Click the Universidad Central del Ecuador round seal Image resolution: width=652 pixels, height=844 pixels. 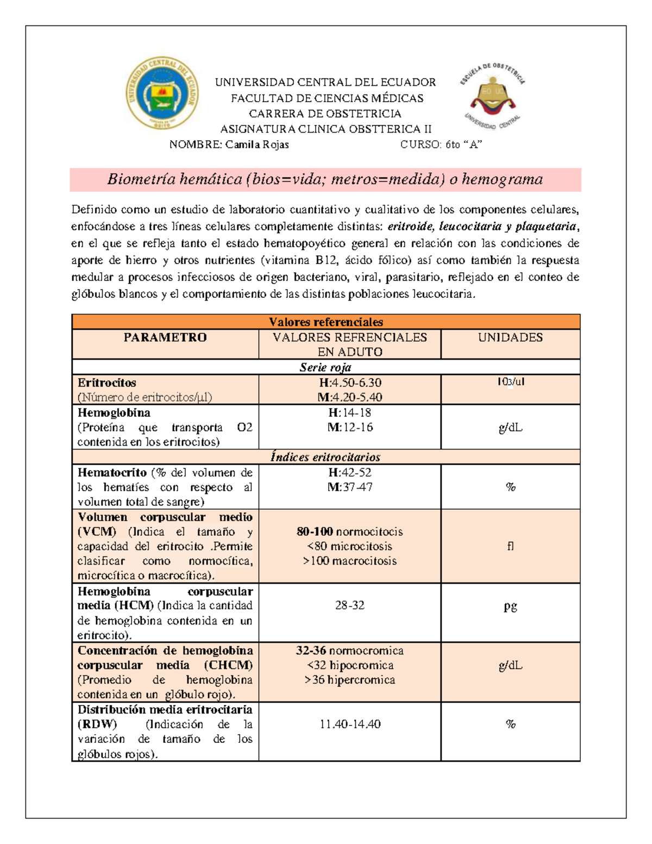(162, 93)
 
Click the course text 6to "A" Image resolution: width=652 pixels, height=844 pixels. (463, 145)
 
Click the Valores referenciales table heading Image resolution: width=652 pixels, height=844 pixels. (326, 322)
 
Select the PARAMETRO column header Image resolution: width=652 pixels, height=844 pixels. (165, 337)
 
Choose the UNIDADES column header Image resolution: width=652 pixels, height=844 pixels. (510, 337)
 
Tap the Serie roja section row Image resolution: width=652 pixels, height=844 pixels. (325, 367)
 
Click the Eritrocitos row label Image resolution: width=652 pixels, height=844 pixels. (107, 383)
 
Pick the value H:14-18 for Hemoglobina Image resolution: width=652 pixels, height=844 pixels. (349, 412)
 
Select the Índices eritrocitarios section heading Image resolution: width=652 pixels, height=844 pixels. (325, 457)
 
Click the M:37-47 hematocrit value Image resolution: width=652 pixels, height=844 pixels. (349, 487)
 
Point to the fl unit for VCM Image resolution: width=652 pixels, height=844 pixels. (510, 546)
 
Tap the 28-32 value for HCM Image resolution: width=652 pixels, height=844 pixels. (349, 605)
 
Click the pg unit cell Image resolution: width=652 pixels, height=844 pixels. (510, 606)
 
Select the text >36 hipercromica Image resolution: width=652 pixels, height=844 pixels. (349, 680)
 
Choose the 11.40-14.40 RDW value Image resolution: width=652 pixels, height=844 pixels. (349, 724)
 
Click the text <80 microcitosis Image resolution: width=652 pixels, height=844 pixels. (349, 546)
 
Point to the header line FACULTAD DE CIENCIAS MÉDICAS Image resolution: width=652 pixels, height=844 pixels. (327, 98)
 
